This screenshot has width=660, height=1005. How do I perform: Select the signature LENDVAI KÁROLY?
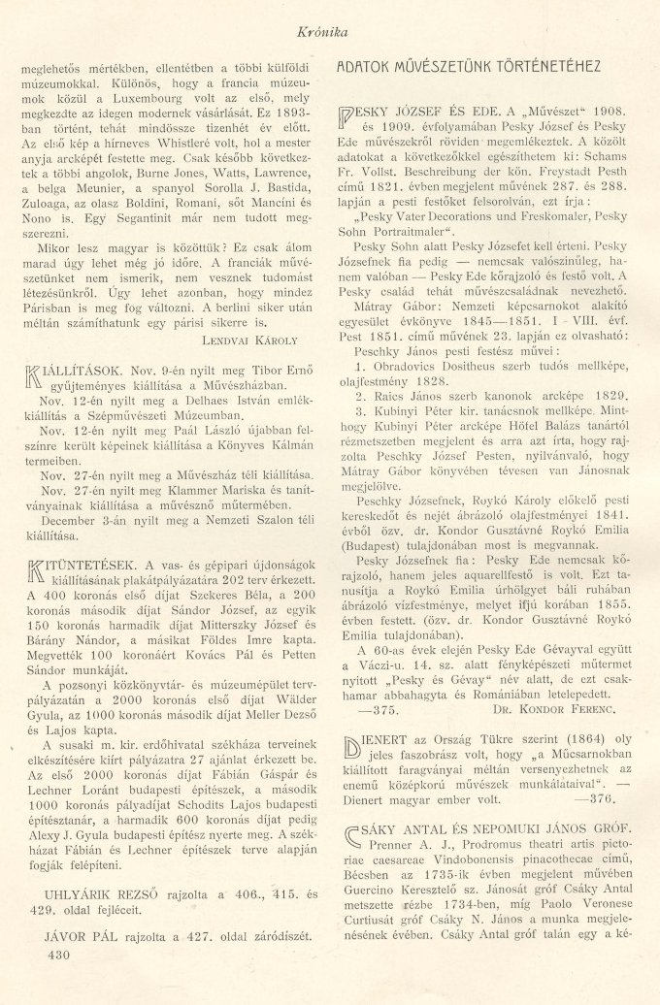pyautogui.click(x=255, y=341)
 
